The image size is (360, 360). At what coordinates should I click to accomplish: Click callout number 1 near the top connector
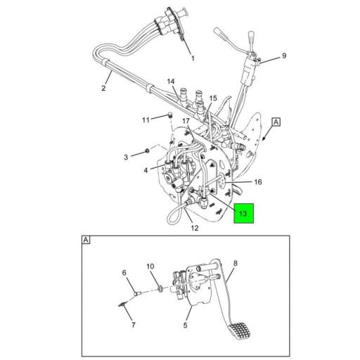point(193,58)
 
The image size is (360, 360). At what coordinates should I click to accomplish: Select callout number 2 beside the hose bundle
point(103,89)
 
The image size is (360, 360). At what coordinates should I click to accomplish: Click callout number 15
point(213,98)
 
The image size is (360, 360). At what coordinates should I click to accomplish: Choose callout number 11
point(146,120)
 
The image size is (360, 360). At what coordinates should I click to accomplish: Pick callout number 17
point(186,122)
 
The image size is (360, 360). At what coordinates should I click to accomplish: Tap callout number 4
point(146,169)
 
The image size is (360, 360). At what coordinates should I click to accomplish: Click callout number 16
point(257,181)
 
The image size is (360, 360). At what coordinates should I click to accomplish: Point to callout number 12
point(195,228)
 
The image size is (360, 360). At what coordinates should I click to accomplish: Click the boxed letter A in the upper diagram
point(276,122)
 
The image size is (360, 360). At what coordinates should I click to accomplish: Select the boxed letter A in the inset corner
point(86,240)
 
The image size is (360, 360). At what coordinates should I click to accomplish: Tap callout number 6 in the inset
point(124,273)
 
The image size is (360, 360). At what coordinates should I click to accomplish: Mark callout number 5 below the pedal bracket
point(186,326)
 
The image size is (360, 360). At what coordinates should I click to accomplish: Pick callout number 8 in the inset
point(235,264)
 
